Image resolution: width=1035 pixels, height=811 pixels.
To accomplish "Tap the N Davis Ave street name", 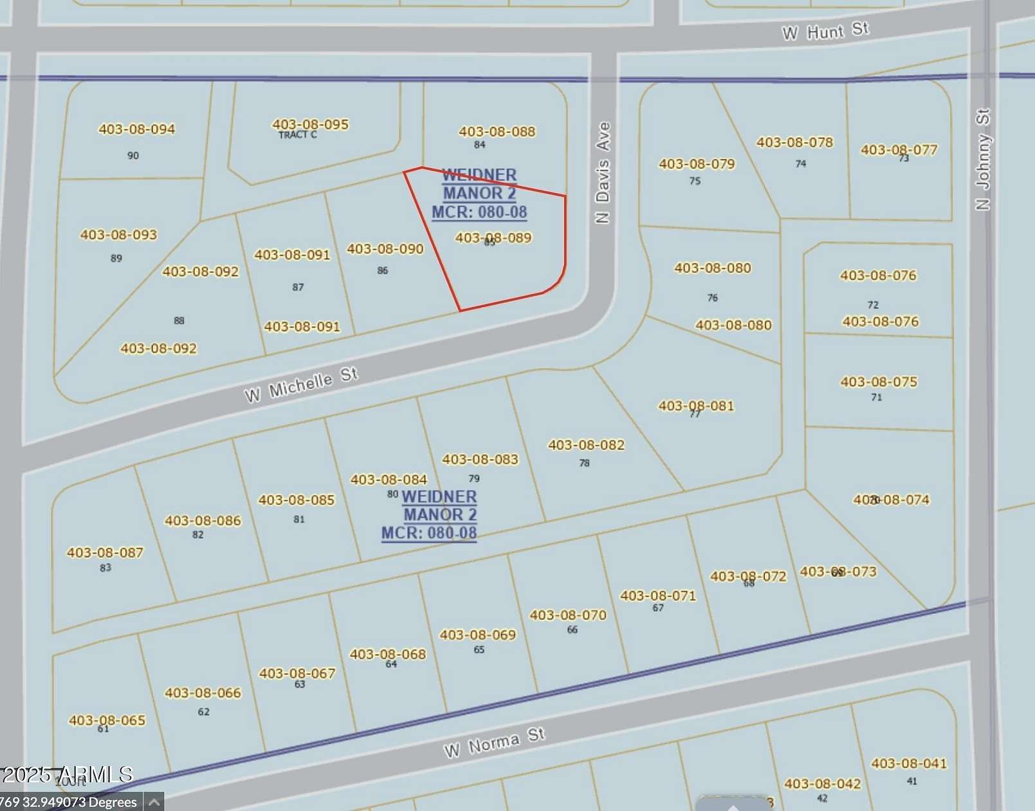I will (603, 172).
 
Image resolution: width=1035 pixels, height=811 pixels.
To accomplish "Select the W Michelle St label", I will (300, 384).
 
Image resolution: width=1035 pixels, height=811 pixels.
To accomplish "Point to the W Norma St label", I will (494, 742).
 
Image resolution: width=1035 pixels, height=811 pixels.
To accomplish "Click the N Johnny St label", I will (982, 159).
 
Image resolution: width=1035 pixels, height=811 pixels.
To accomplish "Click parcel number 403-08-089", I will (493, 238).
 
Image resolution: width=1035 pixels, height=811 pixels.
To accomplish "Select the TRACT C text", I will (297, 135).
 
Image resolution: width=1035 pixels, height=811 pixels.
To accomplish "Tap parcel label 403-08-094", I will (136, 129).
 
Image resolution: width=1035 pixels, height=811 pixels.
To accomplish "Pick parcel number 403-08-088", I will (497, 131).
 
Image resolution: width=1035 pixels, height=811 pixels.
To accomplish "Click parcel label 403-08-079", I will (697, 163).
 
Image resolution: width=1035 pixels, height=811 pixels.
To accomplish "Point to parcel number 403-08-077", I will (899, 149).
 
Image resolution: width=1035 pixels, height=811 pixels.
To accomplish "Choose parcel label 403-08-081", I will (695, 405).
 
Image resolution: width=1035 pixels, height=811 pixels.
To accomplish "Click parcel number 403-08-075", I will (879, 382).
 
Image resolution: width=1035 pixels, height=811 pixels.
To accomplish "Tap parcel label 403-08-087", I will (105, 552).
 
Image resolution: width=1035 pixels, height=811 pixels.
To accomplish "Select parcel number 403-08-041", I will (909, 763).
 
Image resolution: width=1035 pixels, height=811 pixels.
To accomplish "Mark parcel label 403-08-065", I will (107, 720).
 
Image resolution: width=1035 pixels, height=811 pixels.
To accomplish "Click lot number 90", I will (133, 155).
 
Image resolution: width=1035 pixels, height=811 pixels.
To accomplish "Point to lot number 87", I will (298, 287).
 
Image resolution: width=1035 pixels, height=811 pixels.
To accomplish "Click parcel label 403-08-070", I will (568, 615).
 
